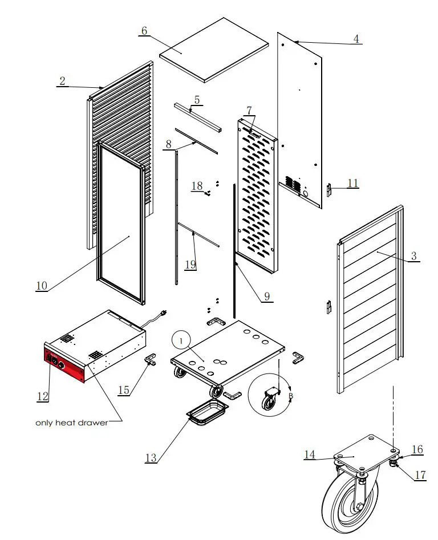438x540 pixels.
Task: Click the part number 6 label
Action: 144,31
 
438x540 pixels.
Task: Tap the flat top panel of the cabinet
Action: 214,49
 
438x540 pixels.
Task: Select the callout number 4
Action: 356,39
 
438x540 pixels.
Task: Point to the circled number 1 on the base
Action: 181,340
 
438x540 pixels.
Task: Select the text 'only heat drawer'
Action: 71,423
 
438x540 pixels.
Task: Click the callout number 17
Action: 420,474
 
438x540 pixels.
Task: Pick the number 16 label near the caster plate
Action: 417,450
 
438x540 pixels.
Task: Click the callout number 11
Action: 353,183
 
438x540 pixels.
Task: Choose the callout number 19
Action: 190,264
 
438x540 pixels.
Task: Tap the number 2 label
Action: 62,81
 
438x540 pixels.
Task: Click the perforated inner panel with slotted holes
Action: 259,194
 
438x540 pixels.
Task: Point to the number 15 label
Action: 124,390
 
